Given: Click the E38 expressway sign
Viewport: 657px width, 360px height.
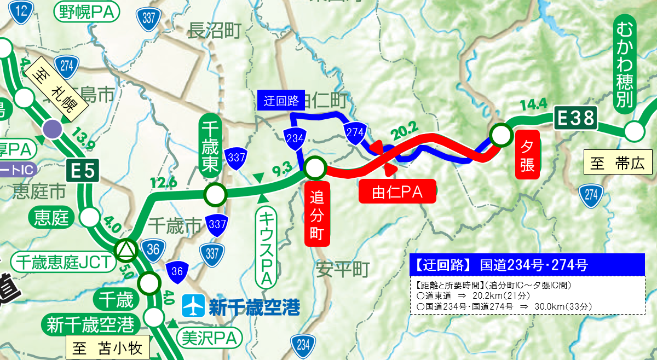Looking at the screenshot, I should [x=575, y=118].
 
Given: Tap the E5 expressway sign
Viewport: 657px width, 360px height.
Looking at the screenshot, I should [x=83, y=172].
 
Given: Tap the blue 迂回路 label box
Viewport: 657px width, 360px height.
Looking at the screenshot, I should [x=280, y=100].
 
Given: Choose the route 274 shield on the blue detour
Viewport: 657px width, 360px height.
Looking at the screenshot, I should [x=355, y=133].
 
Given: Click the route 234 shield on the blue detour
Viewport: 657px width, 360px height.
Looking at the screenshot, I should [x=295, y=138].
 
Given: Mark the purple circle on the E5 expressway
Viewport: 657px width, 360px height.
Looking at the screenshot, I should [x=53, y=129].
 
